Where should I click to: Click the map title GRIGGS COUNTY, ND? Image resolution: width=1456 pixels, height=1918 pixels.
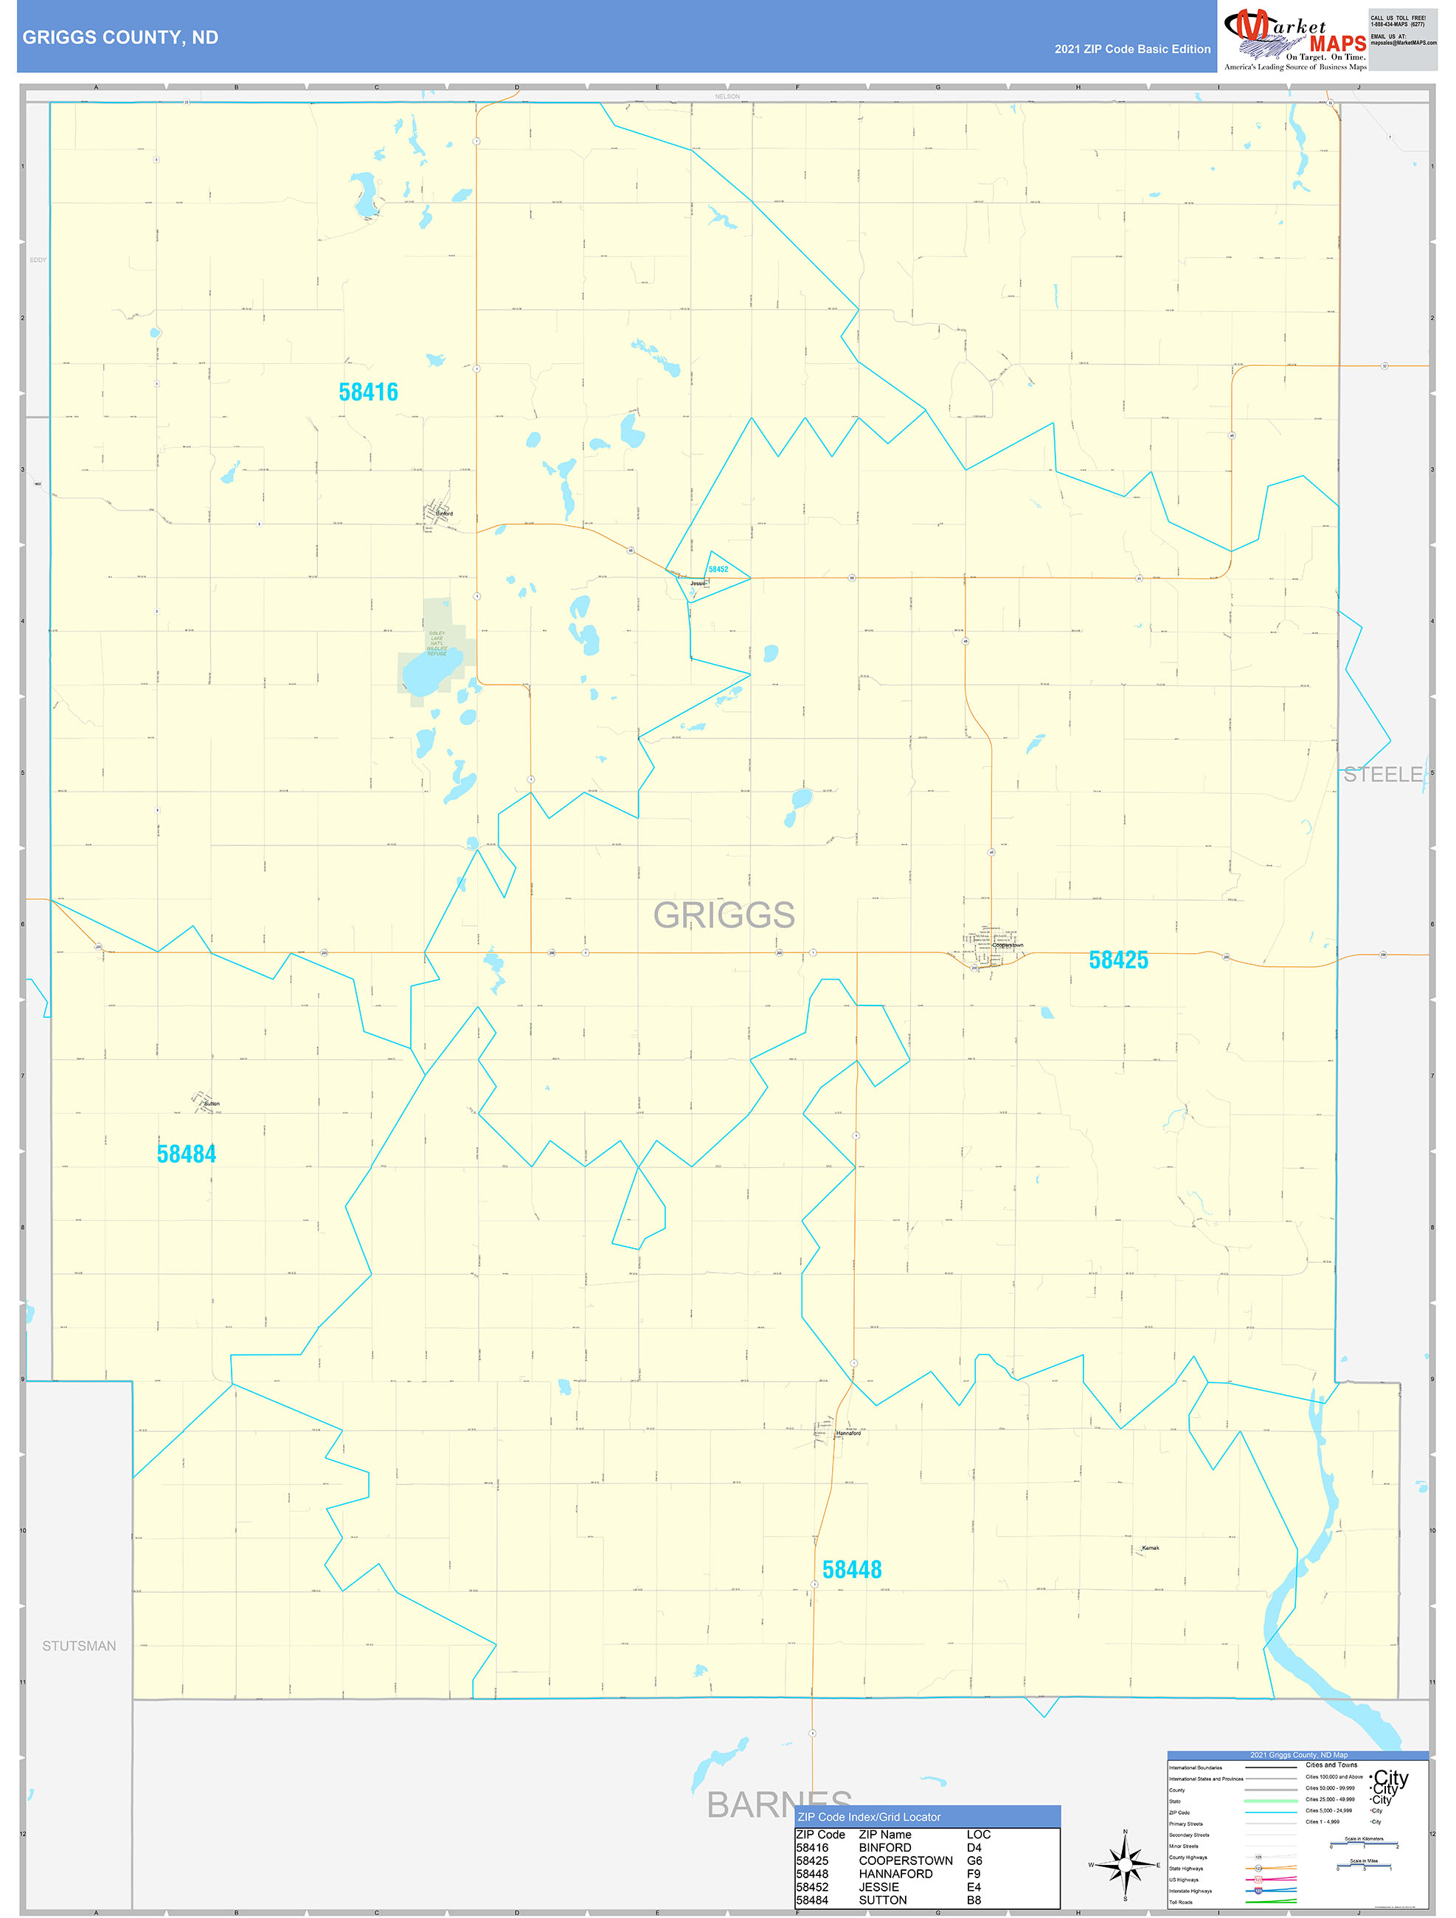(x=119, y=38)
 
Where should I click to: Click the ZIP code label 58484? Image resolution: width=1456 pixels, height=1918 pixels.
(x=186, y=1154)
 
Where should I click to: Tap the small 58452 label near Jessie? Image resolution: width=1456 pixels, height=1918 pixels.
(x=718, y=569)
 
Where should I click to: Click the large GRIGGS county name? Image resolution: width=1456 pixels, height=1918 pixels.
(x=724, y=915)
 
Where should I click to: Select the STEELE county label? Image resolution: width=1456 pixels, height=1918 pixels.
(x=1382, y=775)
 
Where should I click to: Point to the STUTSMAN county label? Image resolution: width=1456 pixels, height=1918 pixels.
(x=79, y=1646)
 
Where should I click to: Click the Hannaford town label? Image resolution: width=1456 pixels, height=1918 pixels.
(x=848, y=1433)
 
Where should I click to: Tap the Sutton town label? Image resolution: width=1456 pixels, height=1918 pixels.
(x=212, y=1104)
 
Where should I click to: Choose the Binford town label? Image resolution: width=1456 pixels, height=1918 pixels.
(x=444, y=513)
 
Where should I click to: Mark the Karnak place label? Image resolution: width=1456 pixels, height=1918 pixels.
(x=1150, y=1548)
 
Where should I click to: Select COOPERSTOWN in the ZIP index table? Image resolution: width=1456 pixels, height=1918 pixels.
(x=904, y=1860)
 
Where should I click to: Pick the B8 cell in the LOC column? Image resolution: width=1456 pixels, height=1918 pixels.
(x=974, y=1900)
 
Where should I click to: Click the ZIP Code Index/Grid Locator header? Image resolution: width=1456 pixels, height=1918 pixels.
(x=868, y=1816)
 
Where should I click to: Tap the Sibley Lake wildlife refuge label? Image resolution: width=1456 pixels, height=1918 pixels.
(x=436, y=643)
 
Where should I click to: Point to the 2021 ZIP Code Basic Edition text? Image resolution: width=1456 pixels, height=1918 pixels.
(x=1131, y=49)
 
